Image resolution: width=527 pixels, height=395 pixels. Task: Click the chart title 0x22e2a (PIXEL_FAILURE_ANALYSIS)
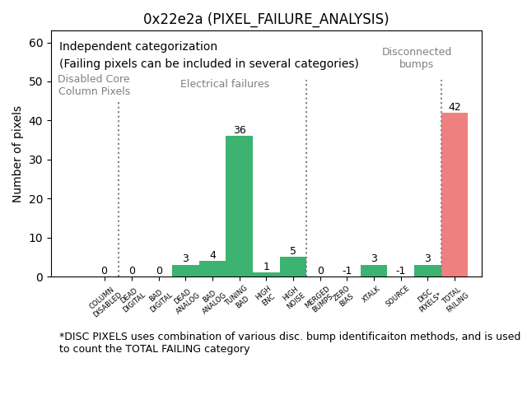(x=266, y=19)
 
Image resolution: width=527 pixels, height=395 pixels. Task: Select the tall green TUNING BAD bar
(x=239, y=207)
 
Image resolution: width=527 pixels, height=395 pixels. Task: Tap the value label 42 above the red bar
(x=455, y=107)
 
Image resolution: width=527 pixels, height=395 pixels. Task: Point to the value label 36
(x=240, y=130)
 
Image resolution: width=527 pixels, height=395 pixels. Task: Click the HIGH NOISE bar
(x=293, y=267)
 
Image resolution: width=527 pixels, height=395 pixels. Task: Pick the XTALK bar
(x=374, y=271)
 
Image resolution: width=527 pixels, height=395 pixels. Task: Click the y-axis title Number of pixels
(x=17, y=154)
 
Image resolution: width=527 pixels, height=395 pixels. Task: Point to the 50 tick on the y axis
(x=36, y=81)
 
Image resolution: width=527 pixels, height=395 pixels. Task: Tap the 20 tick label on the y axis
(x=36, y=199)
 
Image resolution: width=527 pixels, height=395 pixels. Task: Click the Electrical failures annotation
(x=225, y=84)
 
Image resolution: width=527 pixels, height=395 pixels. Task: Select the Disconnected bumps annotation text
(x=417, y=58)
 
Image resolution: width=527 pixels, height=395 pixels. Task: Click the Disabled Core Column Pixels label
(x=94, y=86)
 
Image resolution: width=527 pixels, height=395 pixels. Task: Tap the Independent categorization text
(x=138, y=47)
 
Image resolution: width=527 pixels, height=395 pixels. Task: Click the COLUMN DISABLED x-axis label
(x=105, y=300)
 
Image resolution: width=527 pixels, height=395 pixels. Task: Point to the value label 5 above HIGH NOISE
(x=293, y=251)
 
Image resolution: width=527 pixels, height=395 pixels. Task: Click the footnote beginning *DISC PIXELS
(x=289, y=342)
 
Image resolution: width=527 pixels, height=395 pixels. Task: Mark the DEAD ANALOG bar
(x=185, y=271)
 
